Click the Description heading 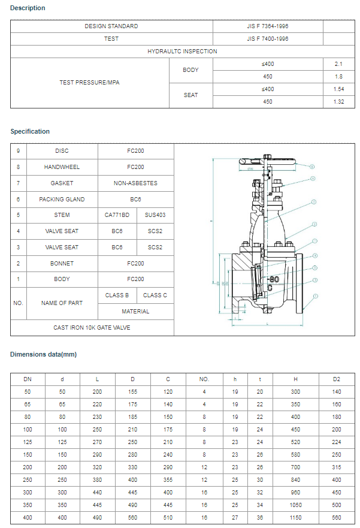pyautogui.click(x=28, y=8)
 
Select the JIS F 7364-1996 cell pyautogui.click(x=267, y=26)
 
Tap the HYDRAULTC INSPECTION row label pyautogui.click(x=182, y=52)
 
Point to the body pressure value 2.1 pyautogui.click(x=338, y=64)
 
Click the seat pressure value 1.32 pyautogui.click(x=338, y=102)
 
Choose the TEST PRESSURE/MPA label pyautogui.click(x=89, y=83)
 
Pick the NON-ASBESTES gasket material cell pyautogui.click(x=135, y=183)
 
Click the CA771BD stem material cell pyautogui.click(x=117, y=215)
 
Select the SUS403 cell pyautogui.click(x=155, y=215)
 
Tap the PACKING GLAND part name pyautogui.click(x=62, y=200)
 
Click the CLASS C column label pyautogui.click(x=155, y=295)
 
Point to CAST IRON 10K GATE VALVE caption pyautogui.click(x=92, y=328)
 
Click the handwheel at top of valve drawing pyautogui.click(x=268, y=161)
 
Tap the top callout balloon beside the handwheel pyautogui.click(x=312, y=166)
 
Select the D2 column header pyautogui.click(x=337, y=379)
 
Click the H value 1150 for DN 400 pyautogui.click(x=295, y=517)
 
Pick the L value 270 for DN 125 pyautogui.click(x=98, y=443)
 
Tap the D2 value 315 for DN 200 pyautogui.click(x=337, y=467)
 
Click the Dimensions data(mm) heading pyautogui.click(x=44, y=354)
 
